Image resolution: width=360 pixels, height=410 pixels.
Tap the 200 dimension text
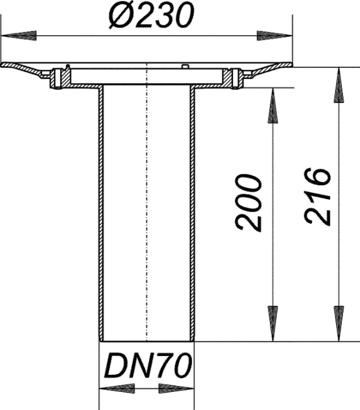coord(248,203)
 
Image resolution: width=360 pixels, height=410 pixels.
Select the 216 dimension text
coord(318,196)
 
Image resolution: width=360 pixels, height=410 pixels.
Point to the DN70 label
coord(150,365)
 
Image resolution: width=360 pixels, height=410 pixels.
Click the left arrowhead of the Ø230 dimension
coord(18,36)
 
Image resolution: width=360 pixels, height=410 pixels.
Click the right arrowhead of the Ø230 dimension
coord(275,36)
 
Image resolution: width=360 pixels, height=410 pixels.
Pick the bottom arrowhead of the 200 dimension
coord(273,323)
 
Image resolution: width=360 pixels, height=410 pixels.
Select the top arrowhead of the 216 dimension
coord(339,86)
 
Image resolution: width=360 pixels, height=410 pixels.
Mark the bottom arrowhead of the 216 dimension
coord(339,323)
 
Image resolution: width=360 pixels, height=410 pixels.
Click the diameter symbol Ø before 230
coord(121,16)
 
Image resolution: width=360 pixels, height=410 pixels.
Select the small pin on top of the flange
coord(185,66)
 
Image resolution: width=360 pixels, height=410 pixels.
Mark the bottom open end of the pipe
coord(147,341)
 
